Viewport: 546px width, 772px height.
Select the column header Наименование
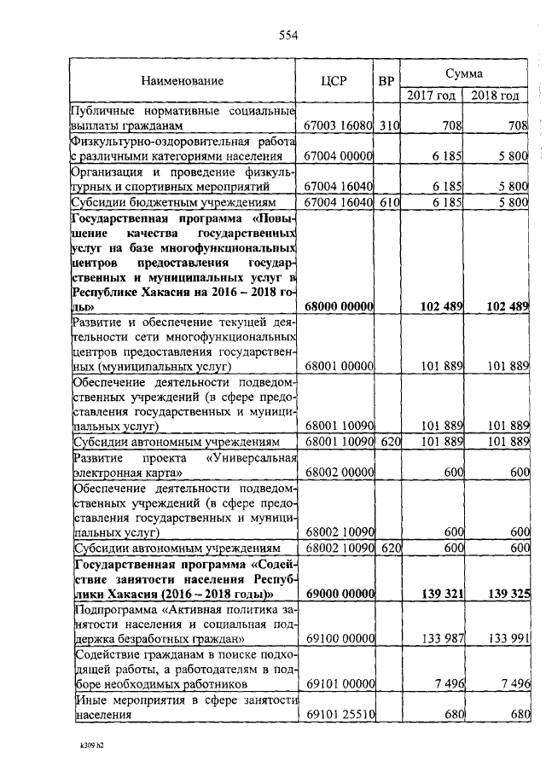click(182, 82)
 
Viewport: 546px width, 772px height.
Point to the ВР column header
click(386, 82)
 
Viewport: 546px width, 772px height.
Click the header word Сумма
click(464, 74)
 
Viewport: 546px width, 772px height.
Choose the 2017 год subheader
click(432, 95)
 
